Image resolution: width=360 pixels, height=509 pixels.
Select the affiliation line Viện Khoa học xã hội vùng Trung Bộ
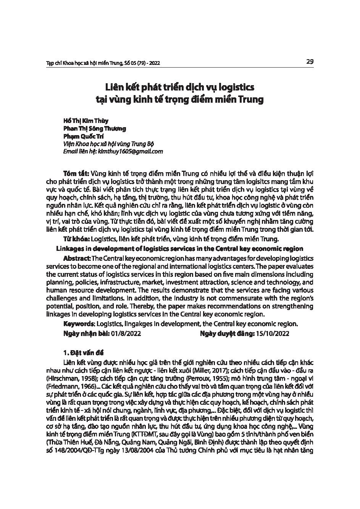point(109,144)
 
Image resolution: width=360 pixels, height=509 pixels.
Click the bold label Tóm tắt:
point(76,173)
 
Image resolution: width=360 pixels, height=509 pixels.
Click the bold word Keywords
point(79,323)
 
